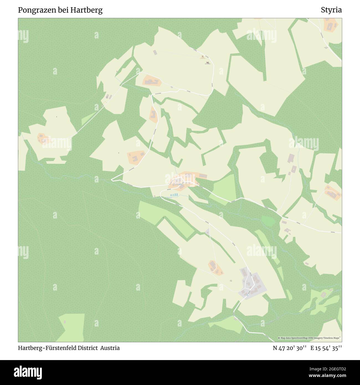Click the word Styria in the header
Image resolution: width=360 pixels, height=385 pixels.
point(331,10)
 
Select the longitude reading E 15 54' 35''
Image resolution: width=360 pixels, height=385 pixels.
point(326,348)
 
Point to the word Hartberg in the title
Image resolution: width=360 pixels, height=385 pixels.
point(86,10)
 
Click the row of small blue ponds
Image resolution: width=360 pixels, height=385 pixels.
point(174,195)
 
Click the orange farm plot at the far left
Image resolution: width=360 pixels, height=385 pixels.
point(42,138)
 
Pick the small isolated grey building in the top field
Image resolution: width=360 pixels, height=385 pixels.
point(155,52)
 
